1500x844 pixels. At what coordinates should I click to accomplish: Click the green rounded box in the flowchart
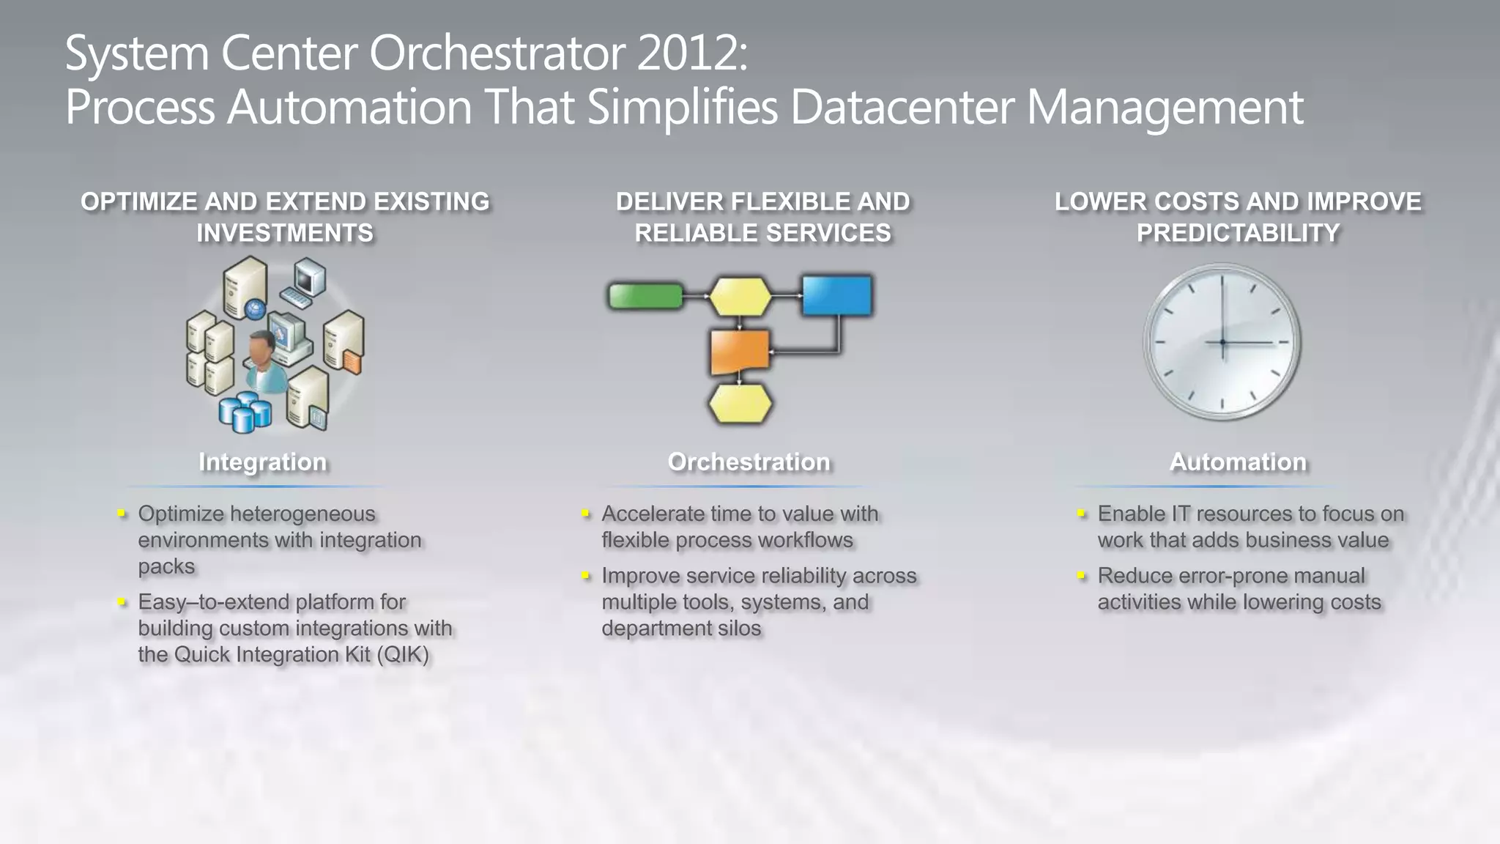tap(645, 296)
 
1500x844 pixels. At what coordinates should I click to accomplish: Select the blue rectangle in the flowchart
tap(836, 295)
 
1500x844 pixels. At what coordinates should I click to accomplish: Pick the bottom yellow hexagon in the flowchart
tap(740, 404)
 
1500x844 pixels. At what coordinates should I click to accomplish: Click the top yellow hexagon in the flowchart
tap(740, 296)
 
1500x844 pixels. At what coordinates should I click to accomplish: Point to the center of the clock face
tap(1222, 342)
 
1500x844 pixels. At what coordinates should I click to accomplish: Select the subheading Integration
tap(262, 462)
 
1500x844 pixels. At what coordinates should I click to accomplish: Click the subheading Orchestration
tap(749, 462)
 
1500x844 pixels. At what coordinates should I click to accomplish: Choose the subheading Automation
tap(1238, 462)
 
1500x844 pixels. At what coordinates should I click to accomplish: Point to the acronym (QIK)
tap(403, 654)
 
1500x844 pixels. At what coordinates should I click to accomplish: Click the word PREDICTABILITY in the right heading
tap(1238, 233)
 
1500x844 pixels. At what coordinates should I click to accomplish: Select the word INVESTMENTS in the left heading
tap(285, 233)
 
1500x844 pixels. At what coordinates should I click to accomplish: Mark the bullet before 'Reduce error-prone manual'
tap(1082, 577)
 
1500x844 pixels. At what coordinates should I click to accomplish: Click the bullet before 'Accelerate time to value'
tap(586, 514)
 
